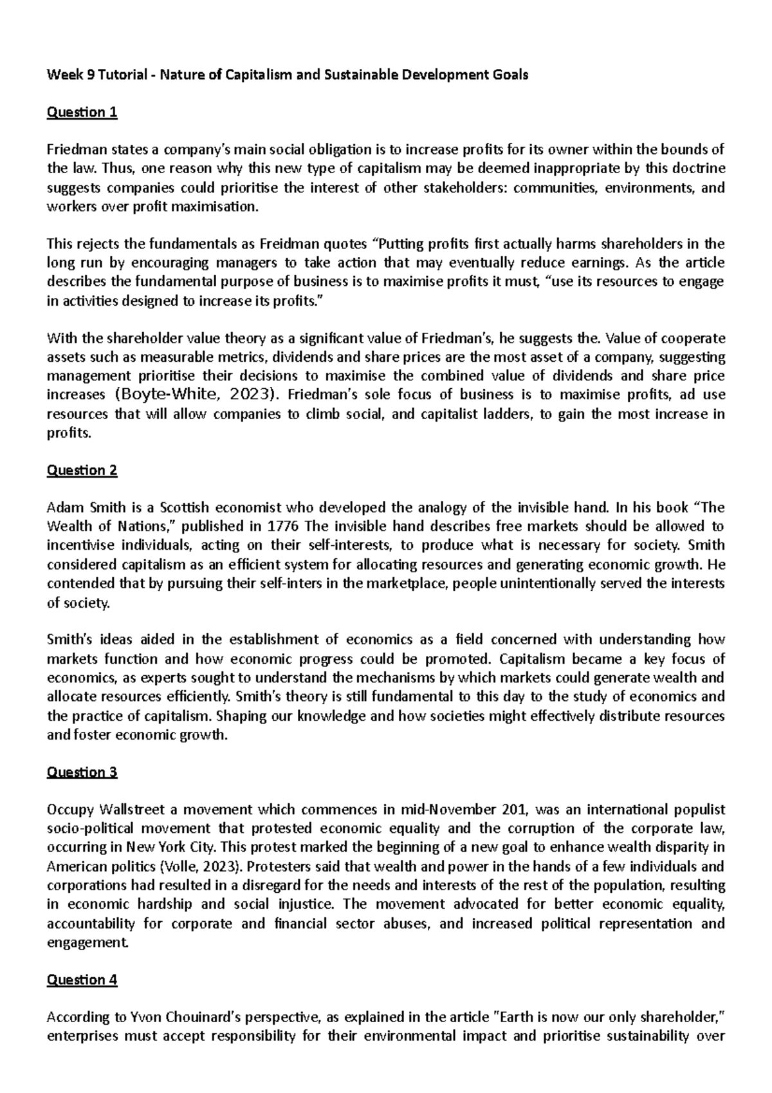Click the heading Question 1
pyautogui.click(x=82, y=113)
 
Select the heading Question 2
pyautogui.click(x=82, y=470)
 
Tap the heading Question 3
pyautogui.click(x=82, y=772)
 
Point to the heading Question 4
pyautogui.click(x=82, y=980)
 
